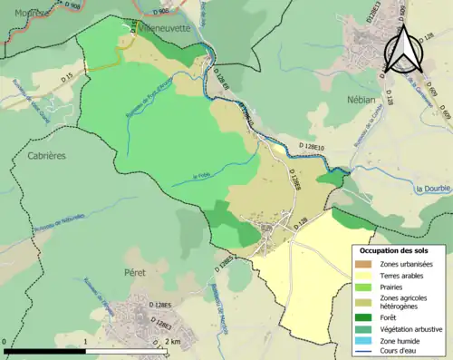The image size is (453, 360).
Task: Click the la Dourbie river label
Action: click(x=432, y=189)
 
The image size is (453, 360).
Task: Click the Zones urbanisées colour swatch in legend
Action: click(x=362, y=264)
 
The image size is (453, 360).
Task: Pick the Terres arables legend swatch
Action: click(x=362, y=277)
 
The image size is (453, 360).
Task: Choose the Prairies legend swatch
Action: click(x=362, y=289)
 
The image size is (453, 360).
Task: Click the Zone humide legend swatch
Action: click(x=362, y=343)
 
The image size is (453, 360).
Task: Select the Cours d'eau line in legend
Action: click(x=362, y=354)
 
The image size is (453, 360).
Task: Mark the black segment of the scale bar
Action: click(x=45, y=348)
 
